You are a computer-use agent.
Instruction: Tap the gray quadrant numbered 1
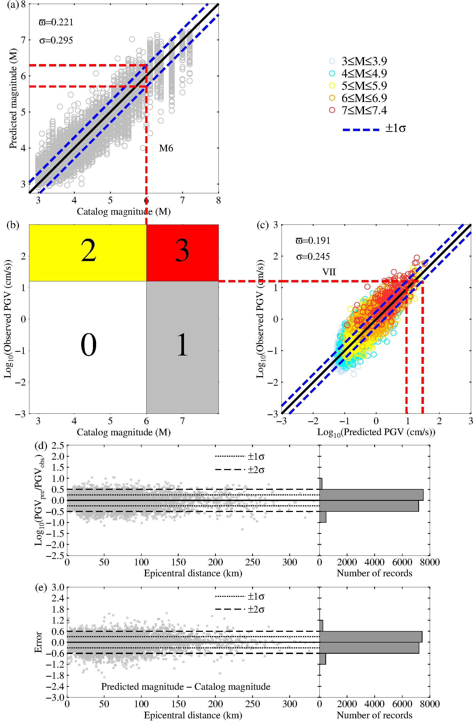click(x=182, y=347)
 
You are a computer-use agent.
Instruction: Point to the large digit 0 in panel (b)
click(x=88, y=345)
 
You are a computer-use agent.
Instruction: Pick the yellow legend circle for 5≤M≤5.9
click(x=332, y=86)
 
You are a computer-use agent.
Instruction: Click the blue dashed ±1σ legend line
click(x=361, y=130)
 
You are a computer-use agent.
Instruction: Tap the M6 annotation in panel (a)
click(x=166, y=148)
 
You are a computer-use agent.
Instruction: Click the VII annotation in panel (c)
click(x=329, y=272)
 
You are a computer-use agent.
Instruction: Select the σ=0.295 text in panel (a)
click(x=56, y=40)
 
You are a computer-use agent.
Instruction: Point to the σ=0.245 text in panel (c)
click(x=313, y=257)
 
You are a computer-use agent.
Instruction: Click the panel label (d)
click(x=41, y=445)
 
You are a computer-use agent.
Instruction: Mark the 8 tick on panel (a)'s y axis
click(x=23, y=5)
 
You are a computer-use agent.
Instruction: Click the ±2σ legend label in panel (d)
click(x=256, y=470)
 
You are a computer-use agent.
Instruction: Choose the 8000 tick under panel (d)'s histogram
click(x=430, y=562)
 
